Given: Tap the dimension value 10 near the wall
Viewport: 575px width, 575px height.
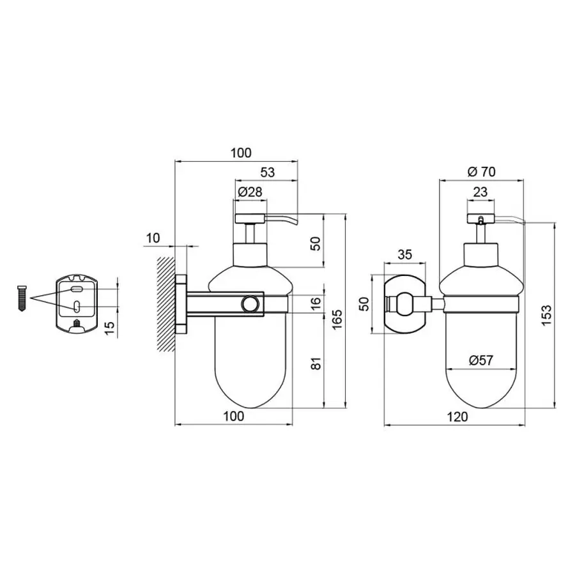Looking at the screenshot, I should (153, 238).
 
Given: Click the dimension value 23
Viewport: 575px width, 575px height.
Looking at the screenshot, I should (480, 192).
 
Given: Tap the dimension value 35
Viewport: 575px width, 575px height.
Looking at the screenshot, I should (405, 254).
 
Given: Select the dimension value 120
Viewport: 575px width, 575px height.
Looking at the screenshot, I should (457, 417).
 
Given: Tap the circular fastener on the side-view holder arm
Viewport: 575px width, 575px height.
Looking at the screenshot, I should (252, 304).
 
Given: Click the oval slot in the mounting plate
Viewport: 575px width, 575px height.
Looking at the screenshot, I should (77, 289).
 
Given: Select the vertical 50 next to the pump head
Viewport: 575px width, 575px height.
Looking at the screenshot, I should (315, 243).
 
